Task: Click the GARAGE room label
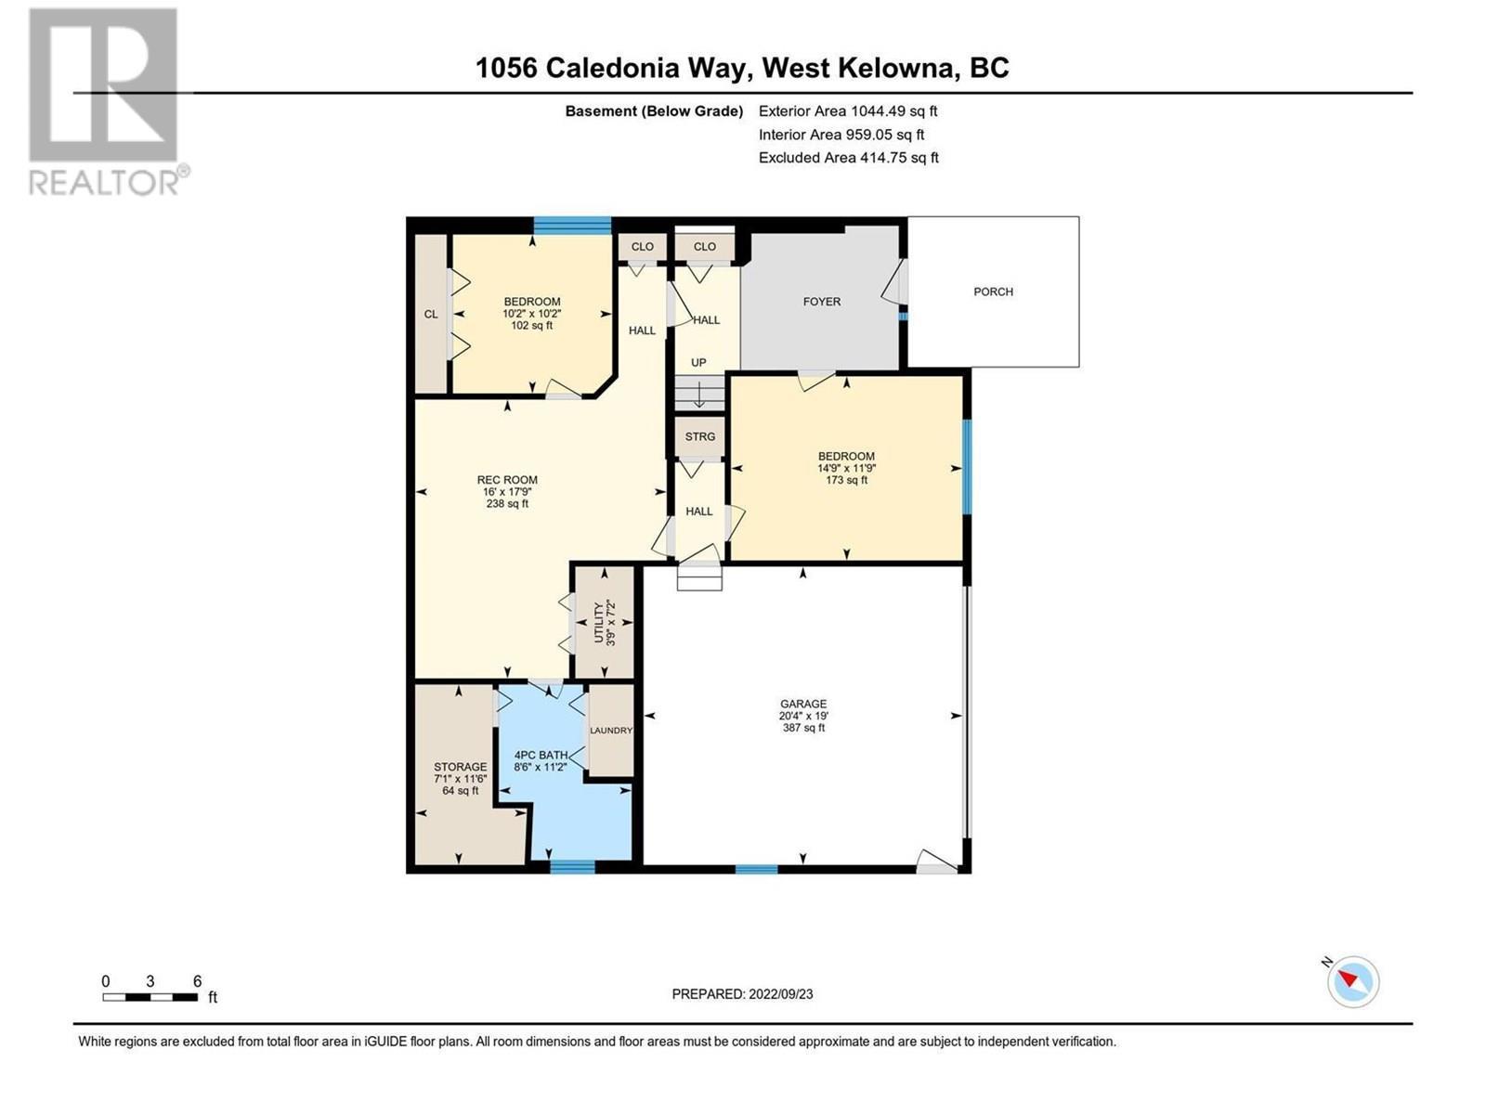803,704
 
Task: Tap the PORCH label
993,291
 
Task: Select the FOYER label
822,302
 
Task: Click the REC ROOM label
507,480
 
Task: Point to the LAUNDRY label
611,731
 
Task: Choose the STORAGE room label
460,767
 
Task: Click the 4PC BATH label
541,756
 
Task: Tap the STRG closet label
700,436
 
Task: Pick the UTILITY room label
599,622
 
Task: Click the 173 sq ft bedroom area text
846,480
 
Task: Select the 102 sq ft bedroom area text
532,326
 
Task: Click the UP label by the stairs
698,363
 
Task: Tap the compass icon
1353,981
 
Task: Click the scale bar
150,997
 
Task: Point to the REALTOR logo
107,102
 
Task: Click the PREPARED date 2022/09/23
742,994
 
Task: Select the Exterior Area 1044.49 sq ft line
848,110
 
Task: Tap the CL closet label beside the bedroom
431,315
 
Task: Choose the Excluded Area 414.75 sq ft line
848,158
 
